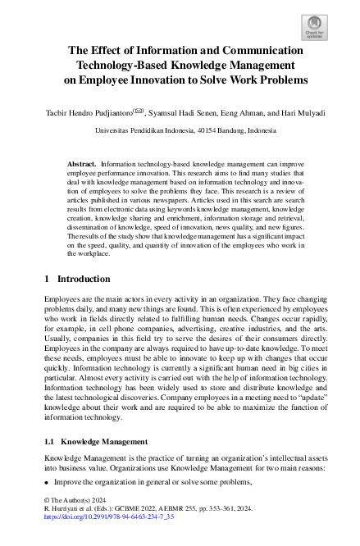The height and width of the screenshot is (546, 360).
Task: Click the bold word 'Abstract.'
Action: [83, 164]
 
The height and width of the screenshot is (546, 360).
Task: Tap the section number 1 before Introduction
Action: [46, 280]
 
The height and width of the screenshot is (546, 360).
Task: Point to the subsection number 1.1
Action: [49, 442]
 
